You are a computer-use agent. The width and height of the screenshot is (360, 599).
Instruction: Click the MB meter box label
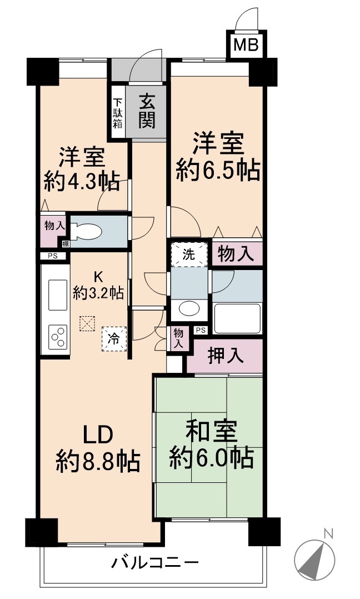pos(246,46)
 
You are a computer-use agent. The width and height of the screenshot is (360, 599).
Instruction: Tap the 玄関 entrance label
pos(147,111)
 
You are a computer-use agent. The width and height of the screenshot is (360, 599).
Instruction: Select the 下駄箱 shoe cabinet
pos(118,113)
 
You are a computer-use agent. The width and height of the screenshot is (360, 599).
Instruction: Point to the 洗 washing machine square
pos(188,254)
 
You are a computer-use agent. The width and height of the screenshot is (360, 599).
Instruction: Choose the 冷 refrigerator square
pos(114,338)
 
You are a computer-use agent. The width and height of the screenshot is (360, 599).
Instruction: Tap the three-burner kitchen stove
pos(58,337)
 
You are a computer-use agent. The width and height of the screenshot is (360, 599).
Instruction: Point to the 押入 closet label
pos(225,356)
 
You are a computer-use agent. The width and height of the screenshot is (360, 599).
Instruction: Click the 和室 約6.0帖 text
pos(212,445)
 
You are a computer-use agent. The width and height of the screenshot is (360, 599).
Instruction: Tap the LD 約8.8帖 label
pos(98,449)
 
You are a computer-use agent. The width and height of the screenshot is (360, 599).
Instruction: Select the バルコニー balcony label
pos(155,562)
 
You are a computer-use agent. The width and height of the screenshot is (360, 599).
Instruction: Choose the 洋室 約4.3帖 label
pos(81,169)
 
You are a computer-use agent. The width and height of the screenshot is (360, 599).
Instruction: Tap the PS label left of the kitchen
pos(53,256)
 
